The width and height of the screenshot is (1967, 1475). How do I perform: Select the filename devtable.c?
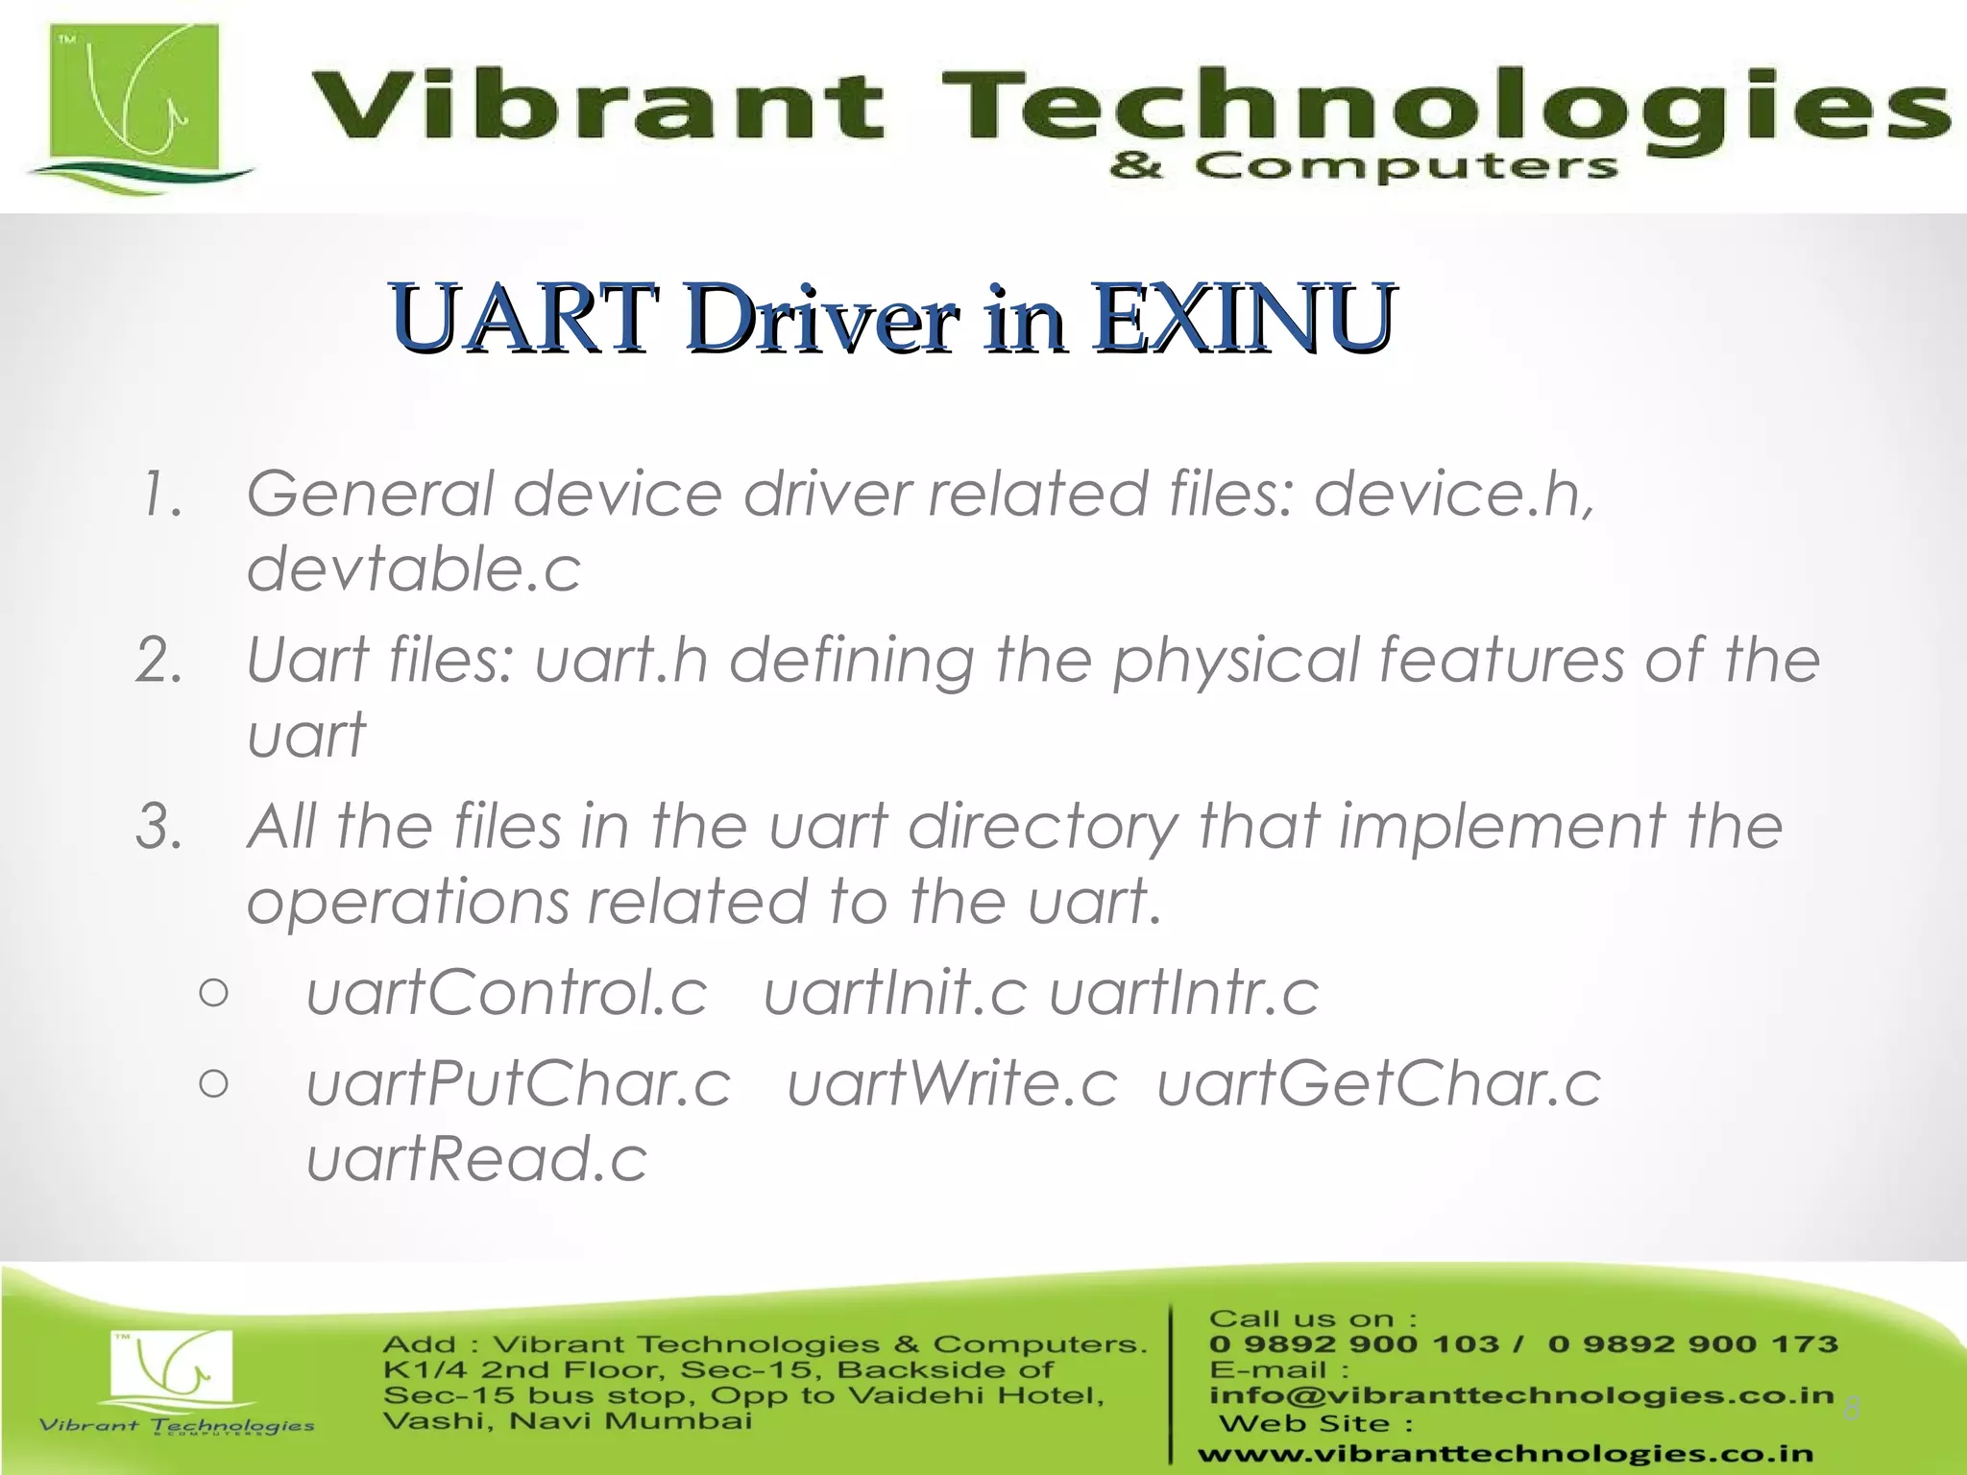click(x=414, y=568)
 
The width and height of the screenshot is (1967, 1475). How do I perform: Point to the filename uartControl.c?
click(x=506, y=992)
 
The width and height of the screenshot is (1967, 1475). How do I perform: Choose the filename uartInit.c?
click(x=895, y=992)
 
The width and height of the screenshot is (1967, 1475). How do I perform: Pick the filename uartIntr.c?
click(x=1184, y=992)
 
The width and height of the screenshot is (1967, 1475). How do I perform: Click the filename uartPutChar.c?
click(x=519, y=1084)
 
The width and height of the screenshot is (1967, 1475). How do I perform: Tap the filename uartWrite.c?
click(x=953, y=1084)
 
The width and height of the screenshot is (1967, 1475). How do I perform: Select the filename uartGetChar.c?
click(x=1379, y=1084)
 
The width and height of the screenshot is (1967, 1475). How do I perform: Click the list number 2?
click(x=159, y=661)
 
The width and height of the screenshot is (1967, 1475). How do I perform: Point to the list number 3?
click(x=159, y=827)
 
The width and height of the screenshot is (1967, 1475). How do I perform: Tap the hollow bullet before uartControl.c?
click(x=214, y=993)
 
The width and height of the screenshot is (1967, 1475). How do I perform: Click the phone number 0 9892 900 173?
click(x=1692, y=1344)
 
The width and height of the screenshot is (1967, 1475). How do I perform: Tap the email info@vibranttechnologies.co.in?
click(x=1521, y=1395)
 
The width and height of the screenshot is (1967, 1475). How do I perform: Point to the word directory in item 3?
click(x=1043, y=827)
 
